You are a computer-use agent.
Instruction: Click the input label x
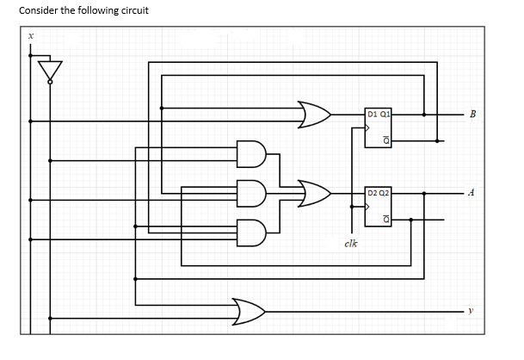tap(30, 36)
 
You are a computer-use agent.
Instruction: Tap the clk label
tap(350, 244)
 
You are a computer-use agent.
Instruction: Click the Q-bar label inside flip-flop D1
tap(386, 140)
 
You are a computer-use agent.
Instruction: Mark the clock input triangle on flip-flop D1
tap(368, 128)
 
